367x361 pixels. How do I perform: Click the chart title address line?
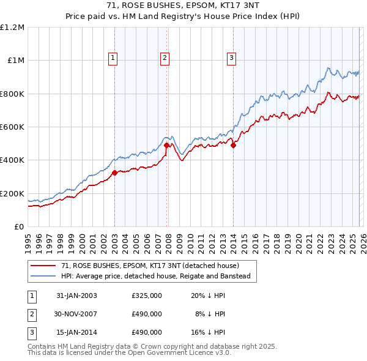click(x=183, y=6)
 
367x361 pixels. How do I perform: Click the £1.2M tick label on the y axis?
click(x=12, y=28)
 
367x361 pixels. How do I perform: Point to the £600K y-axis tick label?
click(x=12, y=127)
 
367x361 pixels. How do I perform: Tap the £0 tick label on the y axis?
click(x=20, y=227)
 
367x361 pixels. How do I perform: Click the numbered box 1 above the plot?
click(x=114, y=58)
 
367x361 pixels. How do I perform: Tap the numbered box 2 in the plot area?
click(x=165, y=58)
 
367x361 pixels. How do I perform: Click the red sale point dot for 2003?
click(x=114, y=173)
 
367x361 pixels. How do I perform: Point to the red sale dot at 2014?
click(x=233, y=145)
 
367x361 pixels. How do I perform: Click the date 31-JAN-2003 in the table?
click(x=76, y=296)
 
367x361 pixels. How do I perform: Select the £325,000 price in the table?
click(x=147, y=296)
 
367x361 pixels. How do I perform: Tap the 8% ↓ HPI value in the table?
click(x=210, y=314)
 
